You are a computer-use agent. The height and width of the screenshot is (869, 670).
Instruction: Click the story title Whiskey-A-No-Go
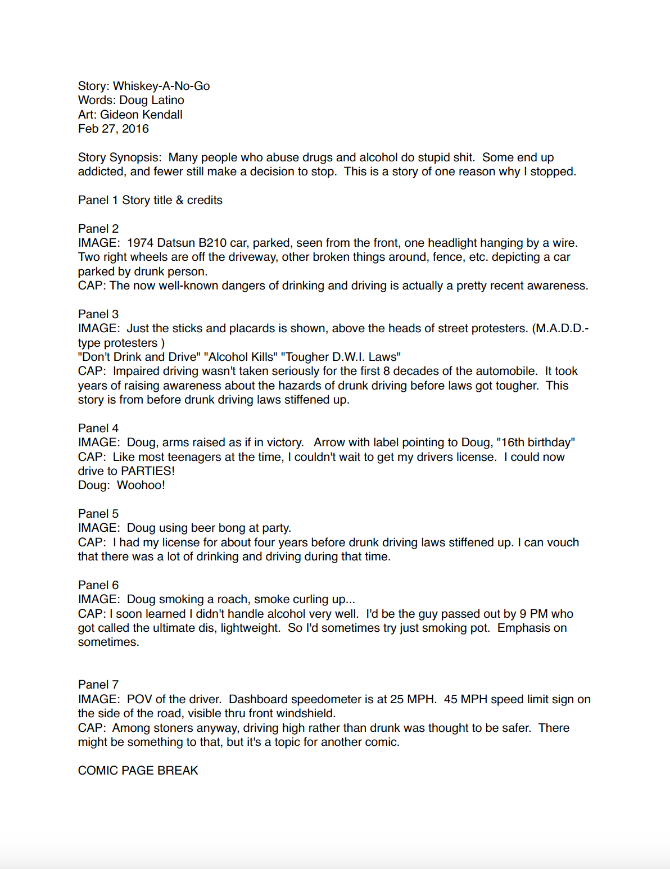click(x=161, y=86)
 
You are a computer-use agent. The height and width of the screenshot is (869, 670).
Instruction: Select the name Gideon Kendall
click(x=141, y=115)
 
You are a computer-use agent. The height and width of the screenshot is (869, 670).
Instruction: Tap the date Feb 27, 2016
click(x=114, y=129)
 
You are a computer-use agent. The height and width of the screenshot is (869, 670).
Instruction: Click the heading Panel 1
click(x=98, y=200)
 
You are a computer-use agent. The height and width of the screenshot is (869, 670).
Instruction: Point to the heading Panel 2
click(x=98, y=229)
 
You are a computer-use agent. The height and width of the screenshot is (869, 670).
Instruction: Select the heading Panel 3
click(x=98, y=314)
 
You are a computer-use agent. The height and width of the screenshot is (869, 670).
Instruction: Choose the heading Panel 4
click(x=98, y=428)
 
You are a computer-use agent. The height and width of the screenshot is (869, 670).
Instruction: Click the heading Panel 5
click(x=98, y=514)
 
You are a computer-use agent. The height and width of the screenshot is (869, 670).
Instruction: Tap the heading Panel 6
click(x=98, y=585)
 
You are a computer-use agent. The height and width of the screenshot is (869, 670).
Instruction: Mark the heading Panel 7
click(x=98, y=685)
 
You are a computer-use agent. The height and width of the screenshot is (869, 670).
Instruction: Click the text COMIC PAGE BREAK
click(x=138, y=771)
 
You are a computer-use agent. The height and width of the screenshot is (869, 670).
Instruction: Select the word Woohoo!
click(x=141, y=485)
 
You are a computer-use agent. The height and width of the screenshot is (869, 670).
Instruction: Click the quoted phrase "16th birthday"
click(x=536, y=442)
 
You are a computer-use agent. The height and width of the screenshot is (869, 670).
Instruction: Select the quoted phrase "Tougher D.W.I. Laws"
click(x=341, y=357)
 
